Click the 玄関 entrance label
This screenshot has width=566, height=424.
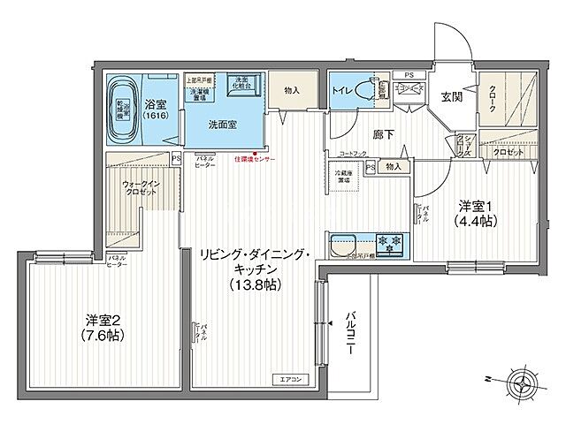452,97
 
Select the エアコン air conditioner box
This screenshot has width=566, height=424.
292,380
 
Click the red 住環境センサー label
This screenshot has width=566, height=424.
254,160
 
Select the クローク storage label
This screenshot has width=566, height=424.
491,102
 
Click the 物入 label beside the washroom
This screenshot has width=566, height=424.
292,90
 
